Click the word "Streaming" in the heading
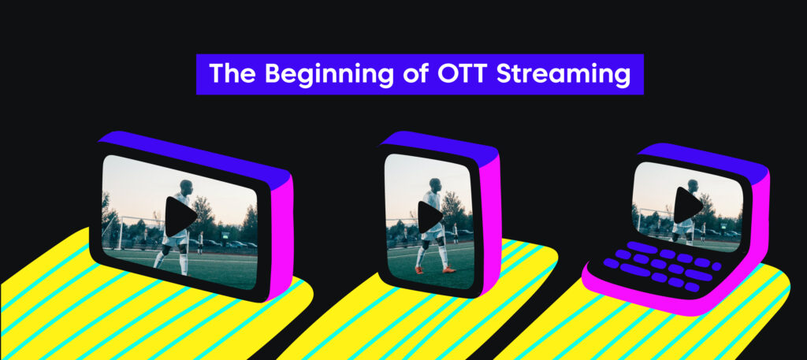pos(560,75)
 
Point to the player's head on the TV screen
pos(186,187)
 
